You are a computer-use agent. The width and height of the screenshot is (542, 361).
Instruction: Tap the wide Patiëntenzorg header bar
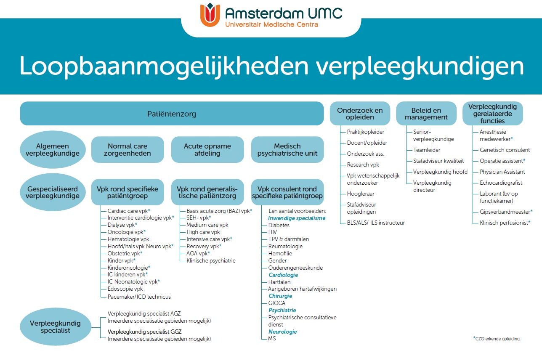[171, 114]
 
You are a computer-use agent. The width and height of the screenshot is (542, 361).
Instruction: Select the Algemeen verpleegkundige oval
[53, 150]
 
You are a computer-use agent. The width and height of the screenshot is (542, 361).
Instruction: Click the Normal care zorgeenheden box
[128, 150]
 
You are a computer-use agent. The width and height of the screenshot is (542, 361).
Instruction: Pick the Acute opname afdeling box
[207, 150]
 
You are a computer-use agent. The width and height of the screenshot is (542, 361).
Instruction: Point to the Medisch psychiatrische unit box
[287, 150]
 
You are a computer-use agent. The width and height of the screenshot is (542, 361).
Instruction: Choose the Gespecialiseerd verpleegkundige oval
[53, 193]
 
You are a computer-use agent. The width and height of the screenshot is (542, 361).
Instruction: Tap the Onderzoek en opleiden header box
[360, 114]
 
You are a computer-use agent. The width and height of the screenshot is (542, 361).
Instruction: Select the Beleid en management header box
[426, 114]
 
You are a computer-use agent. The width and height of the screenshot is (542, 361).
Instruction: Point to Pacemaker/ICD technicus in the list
[139, 297]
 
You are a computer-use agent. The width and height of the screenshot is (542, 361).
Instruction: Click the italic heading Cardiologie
[283, 275]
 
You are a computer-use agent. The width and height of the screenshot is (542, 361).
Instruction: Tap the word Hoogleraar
[360, 194]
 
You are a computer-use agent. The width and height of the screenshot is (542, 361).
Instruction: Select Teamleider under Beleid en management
[426, 150]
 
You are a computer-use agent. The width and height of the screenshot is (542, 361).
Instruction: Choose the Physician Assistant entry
[502, 172]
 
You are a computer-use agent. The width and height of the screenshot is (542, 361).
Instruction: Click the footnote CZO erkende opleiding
[498, 338]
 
